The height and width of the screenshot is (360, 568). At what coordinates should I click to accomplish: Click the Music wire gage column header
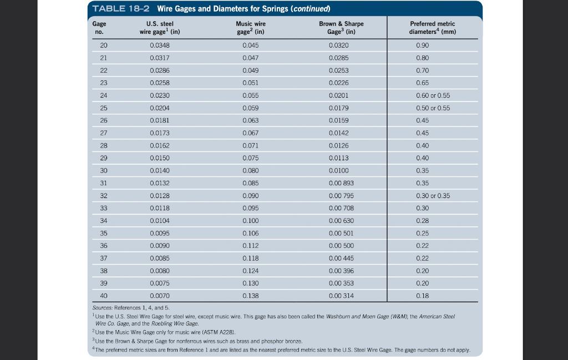click(x=251, y=28)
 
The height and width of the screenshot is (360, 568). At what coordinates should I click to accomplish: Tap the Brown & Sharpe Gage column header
click(x=341, y=28)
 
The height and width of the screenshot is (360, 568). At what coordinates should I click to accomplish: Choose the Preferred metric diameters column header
click(x=432, y=28)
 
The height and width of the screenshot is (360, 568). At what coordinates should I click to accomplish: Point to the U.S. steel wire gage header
click(x=160, y=28)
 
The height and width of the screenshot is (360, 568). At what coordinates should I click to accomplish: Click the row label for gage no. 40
click(x=104, y=296)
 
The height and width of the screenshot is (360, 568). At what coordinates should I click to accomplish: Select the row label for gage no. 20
click(x=104, y=45)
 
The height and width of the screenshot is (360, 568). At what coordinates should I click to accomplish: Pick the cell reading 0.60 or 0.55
click(x=433, y=95)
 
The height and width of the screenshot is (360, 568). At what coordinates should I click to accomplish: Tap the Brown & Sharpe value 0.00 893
click(x=341, y=183)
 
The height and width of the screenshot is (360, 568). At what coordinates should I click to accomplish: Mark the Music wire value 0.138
click(x=251, y=296)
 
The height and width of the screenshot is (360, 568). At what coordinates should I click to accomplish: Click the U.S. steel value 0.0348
click(x=159, y=45)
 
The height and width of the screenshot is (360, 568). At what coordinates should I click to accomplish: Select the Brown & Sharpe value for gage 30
click(x=339, y=171)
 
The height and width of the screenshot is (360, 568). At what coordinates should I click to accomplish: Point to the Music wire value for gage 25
click(x=251, y=108)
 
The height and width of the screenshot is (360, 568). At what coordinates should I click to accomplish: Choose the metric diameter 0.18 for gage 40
click(x=422, y=296)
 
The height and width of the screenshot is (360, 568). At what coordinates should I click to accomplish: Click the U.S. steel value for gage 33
click(x=159, y=208)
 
